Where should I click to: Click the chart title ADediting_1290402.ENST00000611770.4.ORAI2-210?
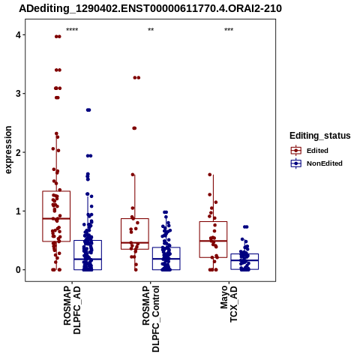point(150,8)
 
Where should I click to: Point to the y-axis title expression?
point(8,150)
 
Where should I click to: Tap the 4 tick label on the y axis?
point(18,35)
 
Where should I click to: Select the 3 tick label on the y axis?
point(18,94)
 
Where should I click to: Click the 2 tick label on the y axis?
point(18,152)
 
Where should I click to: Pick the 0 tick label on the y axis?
point(18,270)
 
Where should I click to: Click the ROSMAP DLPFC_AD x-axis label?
point(72,310)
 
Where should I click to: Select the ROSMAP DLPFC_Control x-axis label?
point(151,319)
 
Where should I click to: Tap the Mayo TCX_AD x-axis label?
point(229,304)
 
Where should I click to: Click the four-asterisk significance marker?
point(72,30)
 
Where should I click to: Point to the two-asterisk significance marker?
point(151,30)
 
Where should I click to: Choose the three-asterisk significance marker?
point(229,30)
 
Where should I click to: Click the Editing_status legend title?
point(320,136)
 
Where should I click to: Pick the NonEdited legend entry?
point(316,163)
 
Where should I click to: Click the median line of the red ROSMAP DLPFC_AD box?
point(56,219)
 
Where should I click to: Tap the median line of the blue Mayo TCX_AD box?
point(244,260)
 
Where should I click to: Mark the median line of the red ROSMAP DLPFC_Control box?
point(135,243)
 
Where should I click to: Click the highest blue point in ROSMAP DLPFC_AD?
point(88,110)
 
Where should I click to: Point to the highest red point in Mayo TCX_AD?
point(210,175)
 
